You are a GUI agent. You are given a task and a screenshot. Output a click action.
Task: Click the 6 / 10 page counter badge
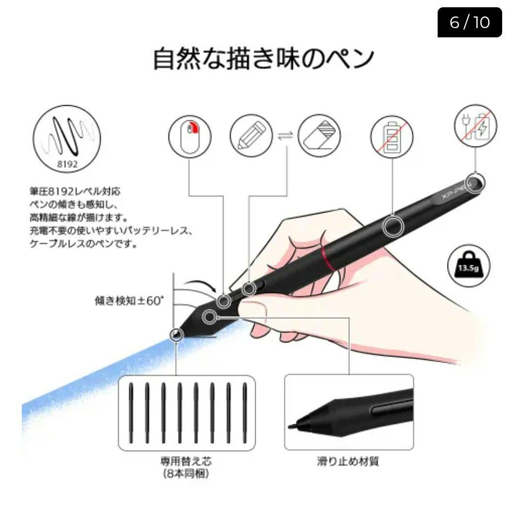(x=469, y=22)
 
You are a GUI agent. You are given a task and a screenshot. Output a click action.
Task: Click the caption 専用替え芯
(x=186, y=461)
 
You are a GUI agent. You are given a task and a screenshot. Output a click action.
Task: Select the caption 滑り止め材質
(x=348, y=461)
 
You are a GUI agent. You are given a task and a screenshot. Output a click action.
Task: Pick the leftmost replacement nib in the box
(x=131, y=412)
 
